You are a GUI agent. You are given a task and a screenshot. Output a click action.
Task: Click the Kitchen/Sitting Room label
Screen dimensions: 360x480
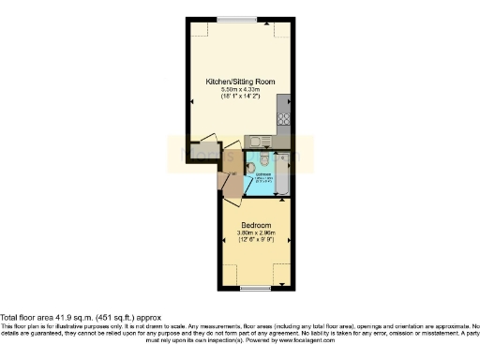point(239,82)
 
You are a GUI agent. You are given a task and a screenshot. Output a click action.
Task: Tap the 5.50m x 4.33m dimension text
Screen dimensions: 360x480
point(239,89)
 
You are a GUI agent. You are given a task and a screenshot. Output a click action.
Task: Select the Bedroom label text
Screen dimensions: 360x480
point(256,226)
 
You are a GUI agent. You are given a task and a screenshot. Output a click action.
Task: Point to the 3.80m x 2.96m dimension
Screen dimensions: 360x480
point(256,233)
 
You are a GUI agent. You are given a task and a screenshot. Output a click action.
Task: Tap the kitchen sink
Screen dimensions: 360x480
point(259,142)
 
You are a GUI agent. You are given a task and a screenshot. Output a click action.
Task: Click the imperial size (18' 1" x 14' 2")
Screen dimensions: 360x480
point(239,97)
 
